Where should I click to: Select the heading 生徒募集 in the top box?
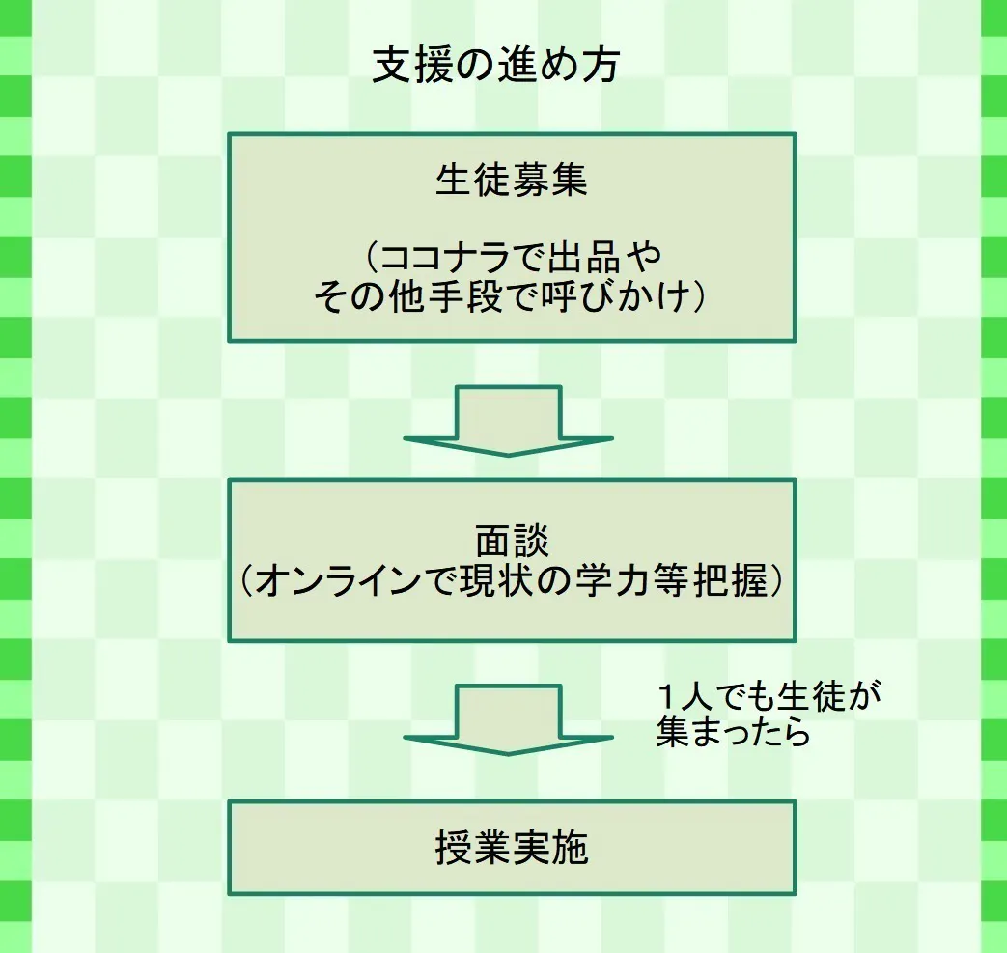click(x=511, y=181)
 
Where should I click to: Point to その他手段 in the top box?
click(x=406, y=296)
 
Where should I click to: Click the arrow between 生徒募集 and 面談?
click(x=509, y=421)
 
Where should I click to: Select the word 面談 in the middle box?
click(x=511, y=541)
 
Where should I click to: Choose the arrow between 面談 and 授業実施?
click(x=509, y=719)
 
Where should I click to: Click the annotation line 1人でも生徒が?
click(x=769, y=697)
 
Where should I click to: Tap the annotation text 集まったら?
click(x=732, y=733)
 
